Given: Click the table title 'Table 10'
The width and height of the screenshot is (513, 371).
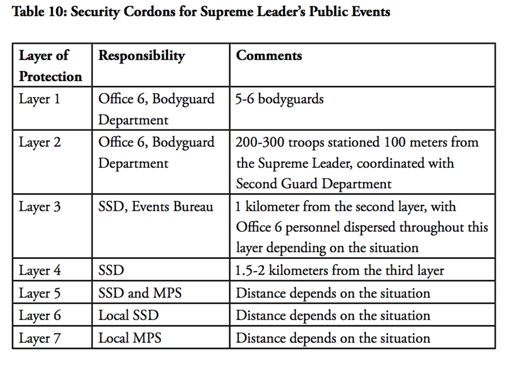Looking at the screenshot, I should tap(201, 11).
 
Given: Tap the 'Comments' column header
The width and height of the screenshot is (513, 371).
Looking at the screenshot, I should tap(269, 55).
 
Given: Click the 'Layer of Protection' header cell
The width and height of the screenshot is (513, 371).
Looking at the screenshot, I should tap(50, 66).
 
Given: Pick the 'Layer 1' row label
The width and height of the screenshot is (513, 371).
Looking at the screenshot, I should tap(40, 99).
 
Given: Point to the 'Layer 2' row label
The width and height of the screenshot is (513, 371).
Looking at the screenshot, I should tap(40, 142).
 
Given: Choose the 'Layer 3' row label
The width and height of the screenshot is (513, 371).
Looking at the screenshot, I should tap(40, 207).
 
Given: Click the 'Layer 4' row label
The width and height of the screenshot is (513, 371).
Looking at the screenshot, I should tap(40, 270).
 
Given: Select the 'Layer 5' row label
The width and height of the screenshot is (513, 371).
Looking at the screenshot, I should tap(40, 293).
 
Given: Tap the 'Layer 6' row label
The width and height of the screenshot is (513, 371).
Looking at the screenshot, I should tap(40, 316).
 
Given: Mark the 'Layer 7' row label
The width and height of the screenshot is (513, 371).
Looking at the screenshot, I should tap(40, 338).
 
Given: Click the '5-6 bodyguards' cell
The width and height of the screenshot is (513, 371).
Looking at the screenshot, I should tap(280, 99).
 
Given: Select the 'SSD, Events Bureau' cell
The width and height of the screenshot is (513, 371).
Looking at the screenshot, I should tap(156, 207).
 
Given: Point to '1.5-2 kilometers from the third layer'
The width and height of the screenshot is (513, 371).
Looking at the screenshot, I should tap(340, 270).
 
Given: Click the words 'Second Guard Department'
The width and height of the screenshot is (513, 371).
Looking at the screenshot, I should tap(313, 183).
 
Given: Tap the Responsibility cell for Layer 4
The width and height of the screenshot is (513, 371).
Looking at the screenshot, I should tap(111, 270).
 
